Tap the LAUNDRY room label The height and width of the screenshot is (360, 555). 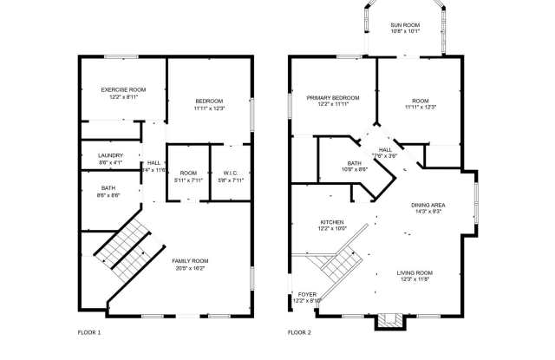pyautogui.click(x=110, y=155)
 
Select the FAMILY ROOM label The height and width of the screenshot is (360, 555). pyautogui.click(x=189, y=261)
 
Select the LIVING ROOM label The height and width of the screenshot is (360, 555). pyautogui.click(x=415, y=272)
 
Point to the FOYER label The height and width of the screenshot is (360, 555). pyautogui.click(x=307, y=294)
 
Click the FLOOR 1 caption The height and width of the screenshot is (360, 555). pyautogui.click(x=89, y=332)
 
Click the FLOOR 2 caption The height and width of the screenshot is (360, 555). pyautogui.click(x=299, y=332)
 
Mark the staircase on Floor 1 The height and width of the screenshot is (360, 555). pyautogui.click(x=123, y=244)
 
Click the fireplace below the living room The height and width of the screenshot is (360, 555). pyautogui.click(x=388, y=322)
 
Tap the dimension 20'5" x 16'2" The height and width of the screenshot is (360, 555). pyautogui.click(x=189, y=268)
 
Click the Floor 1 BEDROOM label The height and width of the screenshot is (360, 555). pyautogui.click(x=209, y=102)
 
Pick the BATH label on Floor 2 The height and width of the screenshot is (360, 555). pyautogui.click(x=354, y=162)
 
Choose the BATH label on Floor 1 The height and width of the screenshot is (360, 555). pyautogui.click(x=108, y=188)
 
